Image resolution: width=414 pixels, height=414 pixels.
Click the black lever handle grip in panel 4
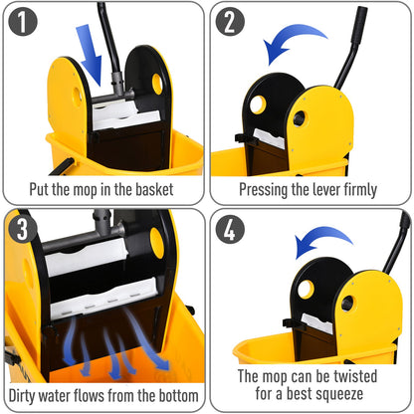[x=404, y=229]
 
